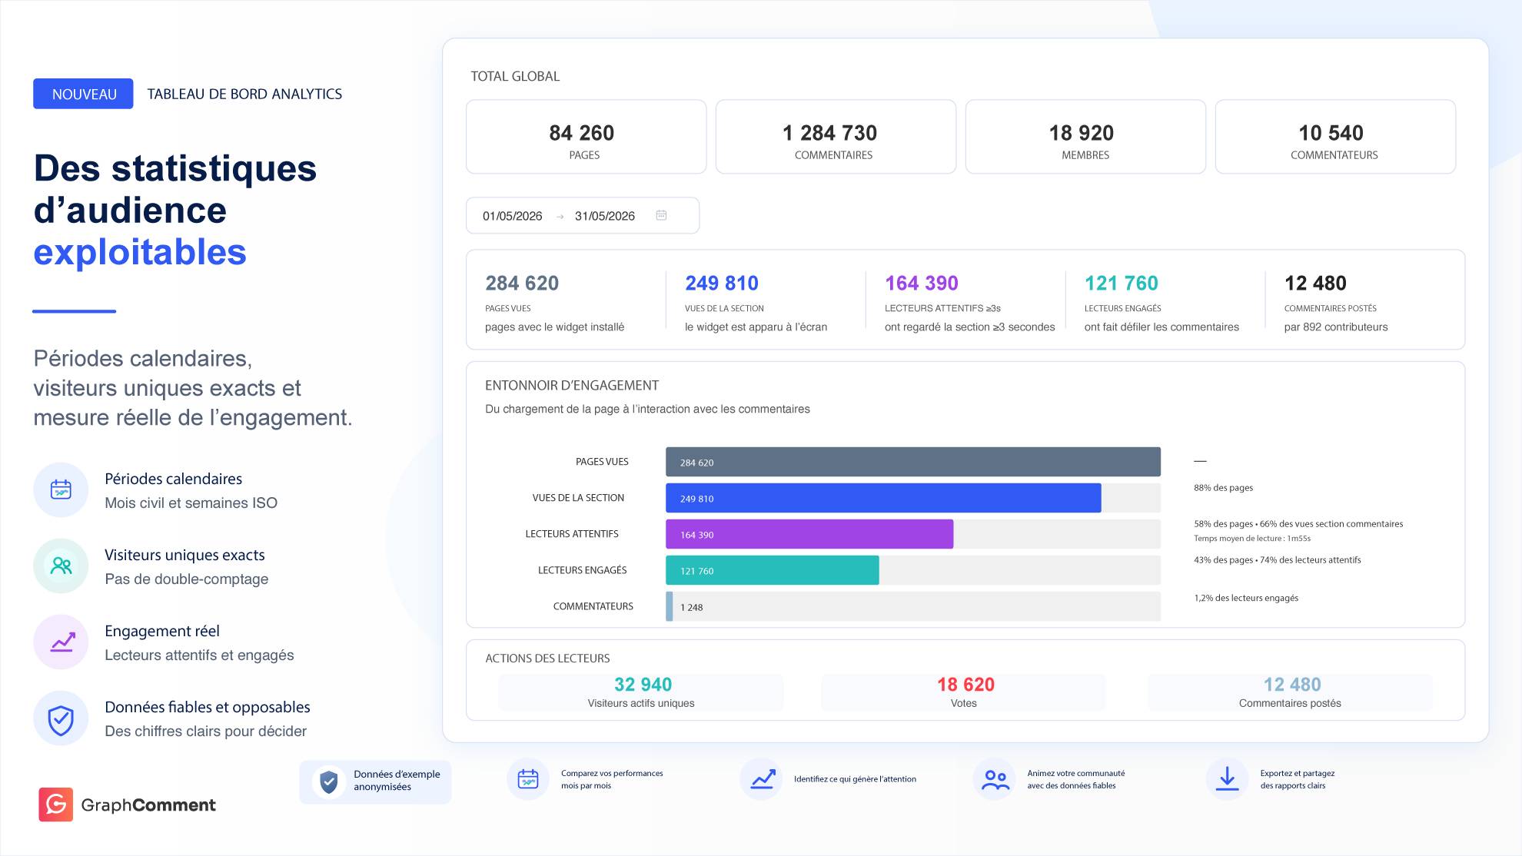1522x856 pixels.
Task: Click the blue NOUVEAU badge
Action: (83, 94)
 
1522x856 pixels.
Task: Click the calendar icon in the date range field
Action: (661, 215)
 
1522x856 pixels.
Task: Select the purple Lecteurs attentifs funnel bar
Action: (809, 534)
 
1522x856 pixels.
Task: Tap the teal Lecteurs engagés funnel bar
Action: (773, 570)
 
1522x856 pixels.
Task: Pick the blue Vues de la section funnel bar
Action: (883, 498)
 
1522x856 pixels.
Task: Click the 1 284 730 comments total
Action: (829, 133)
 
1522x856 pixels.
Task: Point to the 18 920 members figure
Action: (1082, 133)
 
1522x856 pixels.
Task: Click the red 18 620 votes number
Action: (965, 684)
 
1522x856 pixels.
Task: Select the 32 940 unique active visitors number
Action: (643, 684)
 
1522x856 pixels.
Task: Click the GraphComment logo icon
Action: (56, 805)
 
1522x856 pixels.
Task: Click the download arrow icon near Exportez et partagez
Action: (1227, 778)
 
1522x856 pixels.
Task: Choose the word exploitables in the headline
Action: (140, 252)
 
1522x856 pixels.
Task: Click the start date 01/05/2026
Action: (513, 216)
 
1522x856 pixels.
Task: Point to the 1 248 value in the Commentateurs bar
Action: (692, 607)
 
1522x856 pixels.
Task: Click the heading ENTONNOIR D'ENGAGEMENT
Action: (572, 385)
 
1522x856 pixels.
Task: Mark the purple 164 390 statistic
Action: (922, 284)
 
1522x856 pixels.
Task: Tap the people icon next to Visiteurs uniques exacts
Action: (61, 566)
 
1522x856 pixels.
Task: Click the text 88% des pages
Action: (1223, 487)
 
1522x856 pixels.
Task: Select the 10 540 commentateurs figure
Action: (1331, 133)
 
